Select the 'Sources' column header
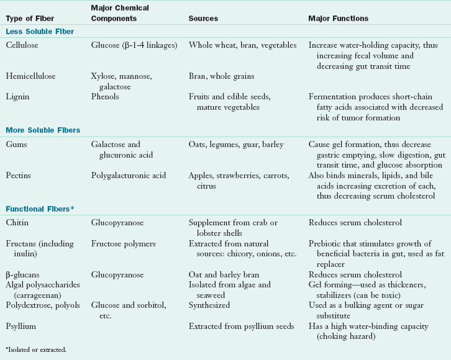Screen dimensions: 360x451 click(203, 19)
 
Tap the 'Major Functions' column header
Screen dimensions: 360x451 click(338, 19)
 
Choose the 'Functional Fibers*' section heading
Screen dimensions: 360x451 click(40, 209)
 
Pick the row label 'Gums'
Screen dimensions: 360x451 click(17, 145)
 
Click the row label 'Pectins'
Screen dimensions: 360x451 click(20, 176)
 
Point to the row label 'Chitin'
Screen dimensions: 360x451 click(17, 222)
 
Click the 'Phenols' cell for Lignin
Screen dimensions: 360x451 click(105, 97)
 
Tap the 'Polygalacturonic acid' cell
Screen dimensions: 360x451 click(130, 176)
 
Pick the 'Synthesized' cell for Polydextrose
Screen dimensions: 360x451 click(209, 305)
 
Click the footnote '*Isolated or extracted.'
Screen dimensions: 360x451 click(35, 349)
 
